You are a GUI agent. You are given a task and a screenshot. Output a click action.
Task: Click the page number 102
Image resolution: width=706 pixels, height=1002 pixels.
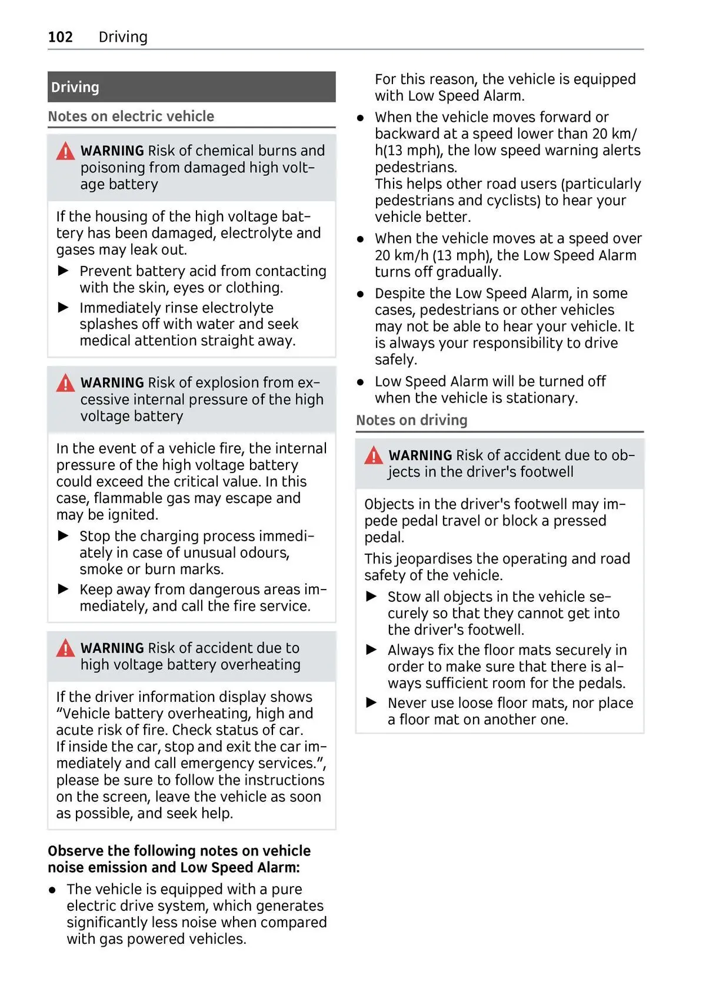(60, 37)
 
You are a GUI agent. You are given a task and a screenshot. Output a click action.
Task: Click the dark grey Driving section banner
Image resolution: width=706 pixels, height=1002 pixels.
(191, 87)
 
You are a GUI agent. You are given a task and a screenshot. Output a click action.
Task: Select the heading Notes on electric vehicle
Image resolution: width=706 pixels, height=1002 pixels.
(131, 116)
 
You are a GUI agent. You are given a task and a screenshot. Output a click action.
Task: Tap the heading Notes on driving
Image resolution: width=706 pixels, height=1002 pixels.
(411, 420)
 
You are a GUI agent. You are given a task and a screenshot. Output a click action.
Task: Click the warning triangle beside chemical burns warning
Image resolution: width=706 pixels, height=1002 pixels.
(65, 152)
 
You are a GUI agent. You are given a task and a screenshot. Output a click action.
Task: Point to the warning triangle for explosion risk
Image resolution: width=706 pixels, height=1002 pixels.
(65, 384)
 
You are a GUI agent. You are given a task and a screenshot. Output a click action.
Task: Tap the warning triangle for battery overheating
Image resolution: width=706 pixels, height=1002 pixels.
(65, 648)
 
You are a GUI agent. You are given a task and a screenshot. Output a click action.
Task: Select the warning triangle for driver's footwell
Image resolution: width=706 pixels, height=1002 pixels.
(374, 455)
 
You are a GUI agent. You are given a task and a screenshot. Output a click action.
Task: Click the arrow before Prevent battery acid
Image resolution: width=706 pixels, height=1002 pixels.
(64, 271)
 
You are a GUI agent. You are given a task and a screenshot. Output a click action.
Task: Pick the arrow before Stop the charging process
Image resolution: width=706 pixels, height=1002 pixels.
(64, 536)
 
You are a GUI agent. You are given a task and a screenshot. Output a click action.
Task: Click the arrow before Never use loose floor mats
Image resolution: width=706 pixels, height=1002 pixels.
(371, 703)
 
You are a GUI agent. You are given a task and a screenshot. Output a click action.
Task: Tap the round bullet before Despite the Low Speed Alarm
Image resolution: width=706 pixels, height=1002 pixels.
(361, 294)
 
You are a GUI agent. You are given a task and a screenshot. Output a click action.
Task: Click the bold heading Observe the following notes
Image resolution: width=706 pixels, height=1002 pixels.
(179, 858)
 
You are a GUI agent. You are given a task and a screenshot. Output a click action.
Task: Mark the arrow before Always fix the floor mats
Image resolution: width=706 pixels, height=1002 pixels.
(371, 650)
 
